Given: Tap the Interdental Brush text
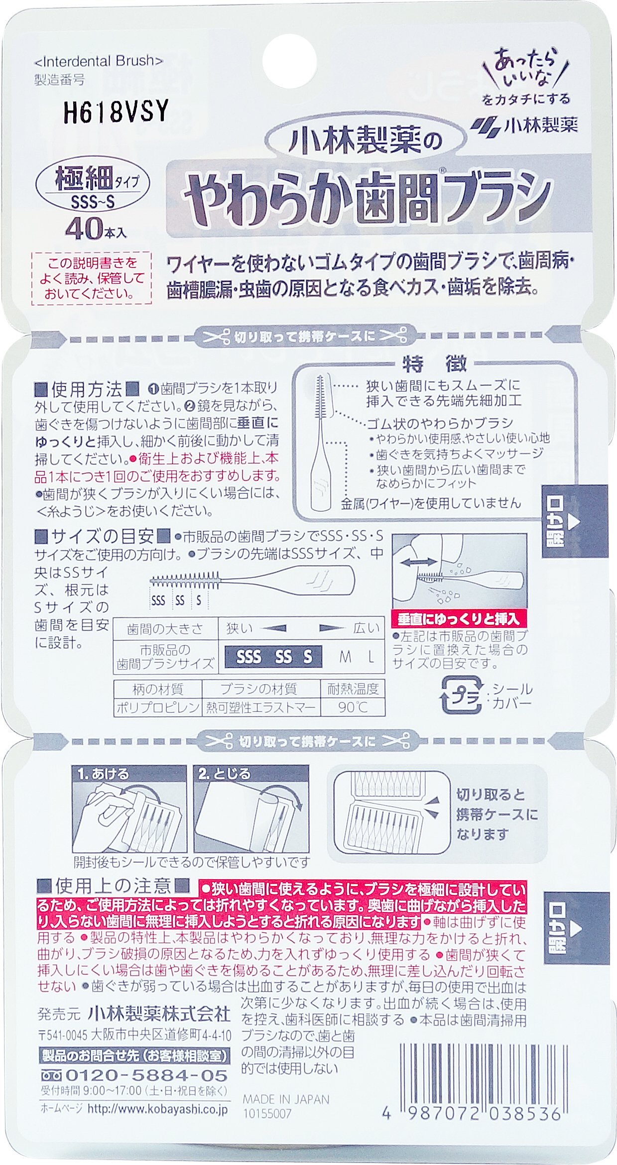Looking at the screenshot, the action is pos(99,61).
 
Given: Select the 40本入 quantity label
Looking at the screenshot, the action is pos(96,230).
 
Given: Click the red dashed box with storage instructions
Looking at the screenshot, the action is pos(91,278).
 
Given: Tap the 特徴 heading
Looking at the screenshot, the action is pos(435,364).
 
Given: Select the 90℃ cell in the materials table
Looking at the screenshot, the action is pos(353,707).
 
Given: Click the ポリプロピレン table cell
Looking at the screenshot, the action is pos(158,707).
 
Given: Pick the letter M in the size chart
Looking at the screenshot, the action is pos(345,657).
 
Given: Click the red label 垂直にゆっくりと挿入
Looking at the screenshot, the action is pos(459,619).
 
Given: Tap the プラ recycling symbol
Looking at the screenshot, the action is pos(461,696).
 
